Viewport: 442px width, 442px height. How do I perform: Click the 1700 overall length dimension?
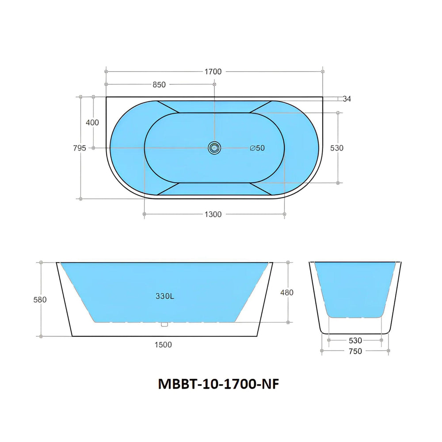tap(213, 72)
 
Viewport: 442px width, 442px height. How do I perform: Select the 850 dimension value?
tap(159, 84)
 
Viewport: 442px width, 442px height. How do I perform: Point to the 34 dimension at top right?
tap(347, 99)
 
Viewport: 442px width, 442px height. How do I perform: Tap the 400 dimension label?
tap(92, 122)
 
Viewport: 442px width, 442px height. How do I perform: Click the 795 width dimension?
tap(80, 148)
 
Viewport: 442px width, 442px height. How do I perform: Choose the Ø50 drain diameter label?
tap(257, 148)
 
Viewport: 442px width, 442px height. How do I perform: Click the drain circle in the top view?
tap(214, 148)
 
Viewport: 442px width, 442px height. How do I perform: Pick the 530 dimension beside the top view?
tap(337, 148)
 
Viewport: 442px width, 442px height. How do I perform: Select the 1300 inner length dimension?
tap(213, 214)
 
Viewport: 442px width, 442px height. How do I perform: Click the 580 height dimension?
tap(40, 299)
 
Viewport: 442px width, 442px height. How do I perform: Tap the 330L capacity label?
tap(165, 297)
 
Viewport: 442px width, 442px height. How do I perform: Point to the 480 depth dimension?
tap(287, 292)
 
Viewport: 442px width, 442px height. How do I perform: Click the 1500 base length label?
tap(164, 344)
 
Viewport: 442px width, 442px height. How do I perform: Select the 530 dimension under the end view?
tap(355, 340)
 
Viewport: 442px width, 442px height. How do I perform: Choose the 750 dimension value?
tap(355, 351)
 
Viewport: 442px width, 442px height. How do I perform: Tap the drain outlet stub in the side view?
tap(165, 324)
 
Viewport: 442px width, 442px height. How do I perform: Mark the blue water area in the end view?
tap(355, 287)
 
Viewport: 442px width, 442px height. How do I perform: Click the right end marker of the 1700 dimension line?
tap(323, 71)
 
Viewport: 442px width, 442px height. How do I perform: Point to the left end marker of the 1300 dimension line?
tap(145, 214)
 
